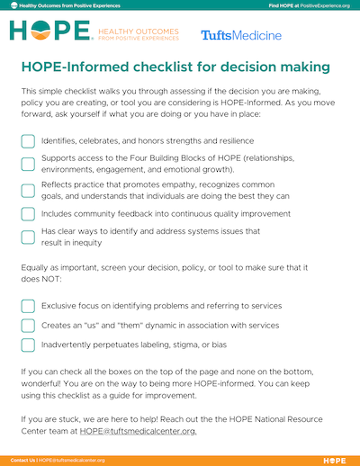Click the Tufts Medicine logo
[240, 35]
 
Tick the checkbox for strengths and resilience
[28, 141]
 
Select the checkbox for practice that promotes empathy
[28, 190]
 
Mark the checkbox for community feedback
[28, 214]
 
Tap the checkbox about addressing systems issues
[28, 237]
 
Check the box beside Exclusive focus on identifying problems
[28, 306]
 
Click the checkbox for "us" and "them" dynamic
[28, 325]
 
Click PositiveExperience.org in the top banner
[322, 5]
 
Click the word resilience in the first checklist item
[231, 141]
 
